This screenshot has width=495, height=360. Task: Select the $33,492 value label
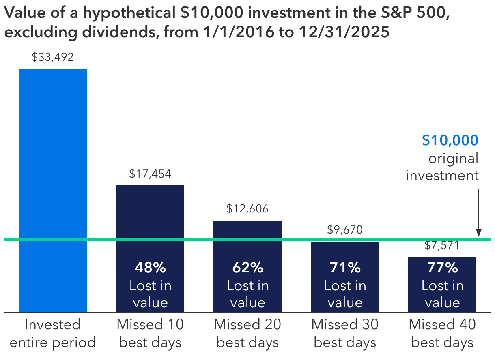point(53,57)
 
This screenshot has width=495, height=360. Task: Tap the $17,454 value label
point(150,174)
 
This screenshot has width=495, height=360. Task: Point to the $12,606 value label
point(247,209)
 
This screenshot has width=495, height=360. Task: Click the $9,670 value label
point(345,230)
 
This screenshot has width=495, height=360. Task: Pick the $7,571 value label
point(442,245)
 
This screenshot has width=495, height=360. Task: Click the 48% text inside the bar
point(150,268)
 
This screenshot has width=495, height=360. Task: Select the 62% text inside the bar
point(247,268)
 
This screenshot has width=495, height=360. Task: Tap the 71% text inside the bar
point(345,268)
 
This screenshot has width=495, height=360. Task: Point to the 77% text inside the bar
point(442,268)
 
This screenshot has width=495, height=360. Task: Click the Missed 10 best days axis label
point(150,333)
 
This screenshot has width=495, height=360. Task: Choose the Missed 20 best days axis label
point(247,333)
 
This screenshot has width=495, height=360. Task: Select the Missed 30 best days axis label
point(345,333)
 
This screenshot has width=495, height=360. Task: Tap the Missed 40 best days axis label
point(442,333)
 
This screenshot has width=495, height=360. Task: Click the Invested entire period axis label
point(53,333)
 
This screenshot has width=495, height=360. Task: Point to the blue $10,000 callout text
point(450,140)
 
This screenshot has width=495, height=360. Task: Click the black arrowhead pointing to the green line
point(479,233)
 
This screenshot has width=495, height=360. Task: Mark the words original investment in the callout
point(443,167)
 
